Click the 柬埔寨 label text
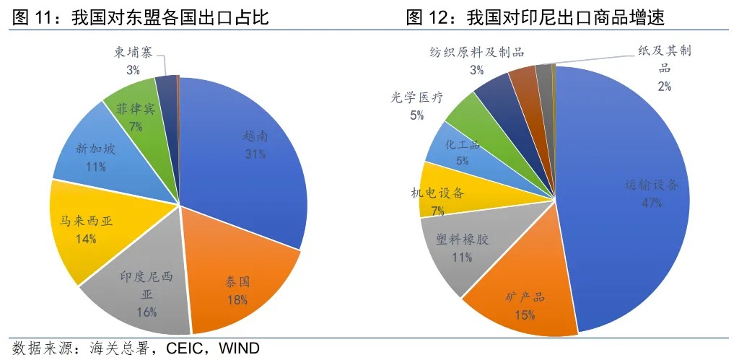[x=133, y=53]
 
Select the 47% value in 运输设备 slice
[x=651, y=203]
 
